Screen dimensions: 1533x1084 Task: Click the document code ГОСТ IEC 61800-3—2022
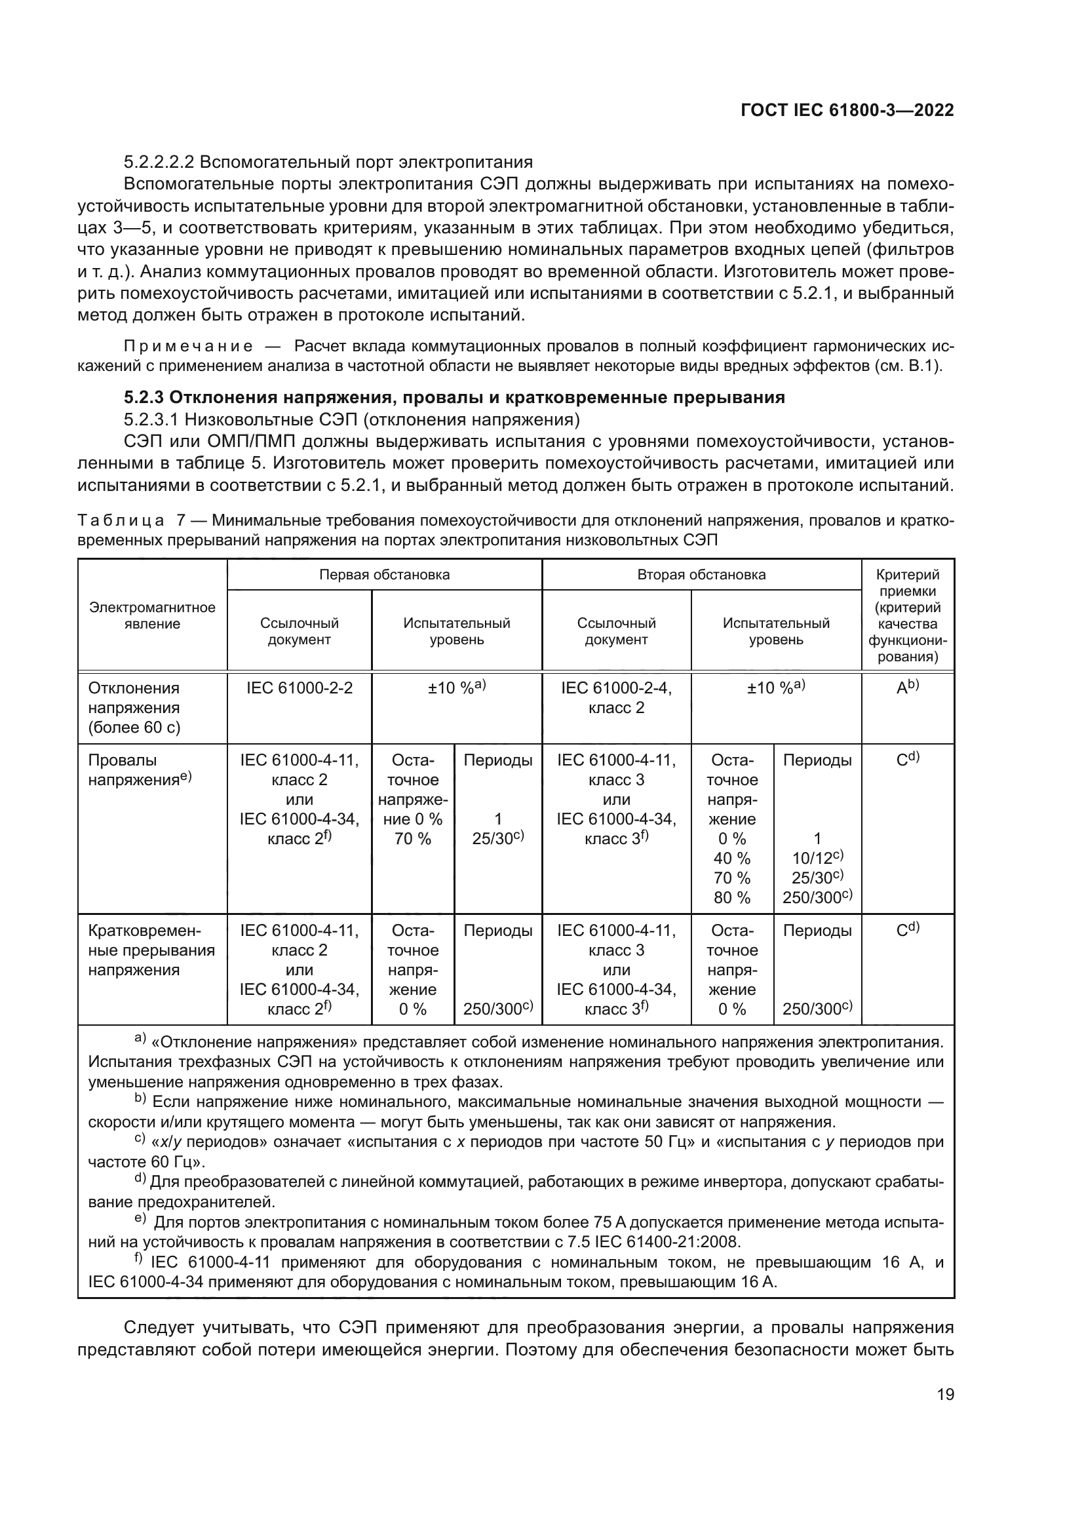click(x=846, y=111)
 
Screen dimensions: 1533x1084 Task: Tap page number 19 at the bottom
click(x=945, y=1394)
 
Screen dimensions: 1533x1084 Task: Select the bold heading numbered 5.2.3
click(x=454, y=398)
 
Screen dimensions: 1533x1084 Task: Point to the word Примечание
click(x=188, y=347)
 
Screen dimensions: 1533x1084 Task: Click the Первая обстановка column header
click(x=384, y=575)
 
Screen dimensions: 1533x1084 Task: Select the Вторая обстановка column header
click(x=701, y=575)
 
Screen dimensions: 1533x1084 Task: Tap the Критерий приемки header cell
click(x=907, y=615)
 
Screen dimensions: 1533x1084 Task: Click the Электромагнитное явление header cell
click(x=152, y=615)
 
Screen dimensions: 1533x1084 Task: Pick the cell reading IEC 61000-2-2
click(x=299, y=688)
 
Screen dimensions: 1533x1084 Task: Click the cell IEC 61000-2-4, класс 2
click(x=616, y=698)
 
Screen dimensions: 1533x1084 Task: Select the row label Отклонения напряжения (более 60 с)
click(x=134, y=707)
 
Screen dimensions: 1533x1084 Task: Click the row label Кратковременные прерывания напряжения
click(x=151, y=950)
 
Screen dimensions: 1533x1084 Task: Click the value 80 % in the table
click(x=731, y=897)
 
